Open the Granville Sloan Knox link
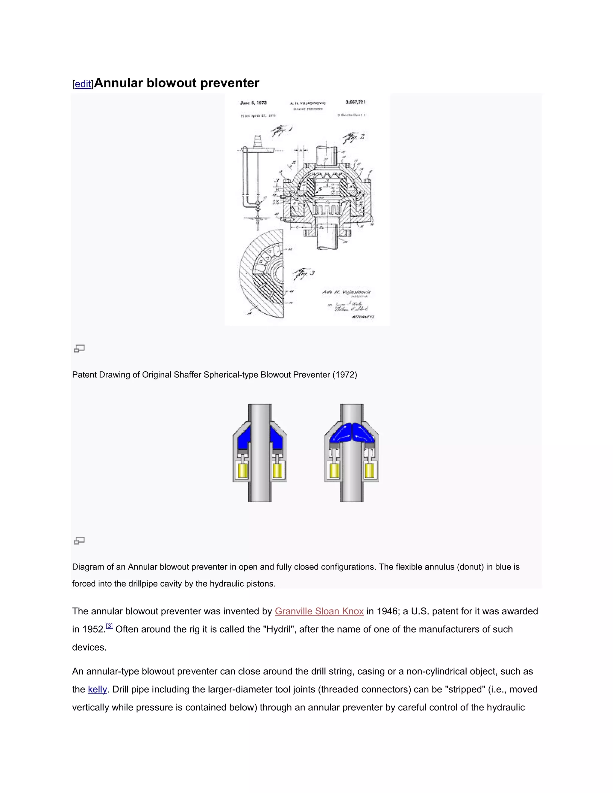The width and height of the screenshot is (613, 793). coord(319,611)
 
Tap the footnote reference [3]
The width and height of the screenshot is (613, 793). coord(109,626)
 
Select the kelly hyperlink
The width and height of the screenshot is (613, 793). coord(97,689)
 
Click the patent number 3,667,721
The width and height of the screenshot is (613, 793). coord(355,102)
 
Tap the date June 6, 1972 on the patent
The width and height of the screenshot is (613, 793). coord(254,103)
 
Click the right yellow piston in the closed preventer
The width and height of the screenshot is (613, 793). coord(369,471)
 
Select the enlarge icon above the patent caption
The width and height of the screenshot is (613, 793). coord(80,349)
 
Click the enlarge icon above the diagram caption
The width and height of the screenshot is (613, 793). coord(80,541)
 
